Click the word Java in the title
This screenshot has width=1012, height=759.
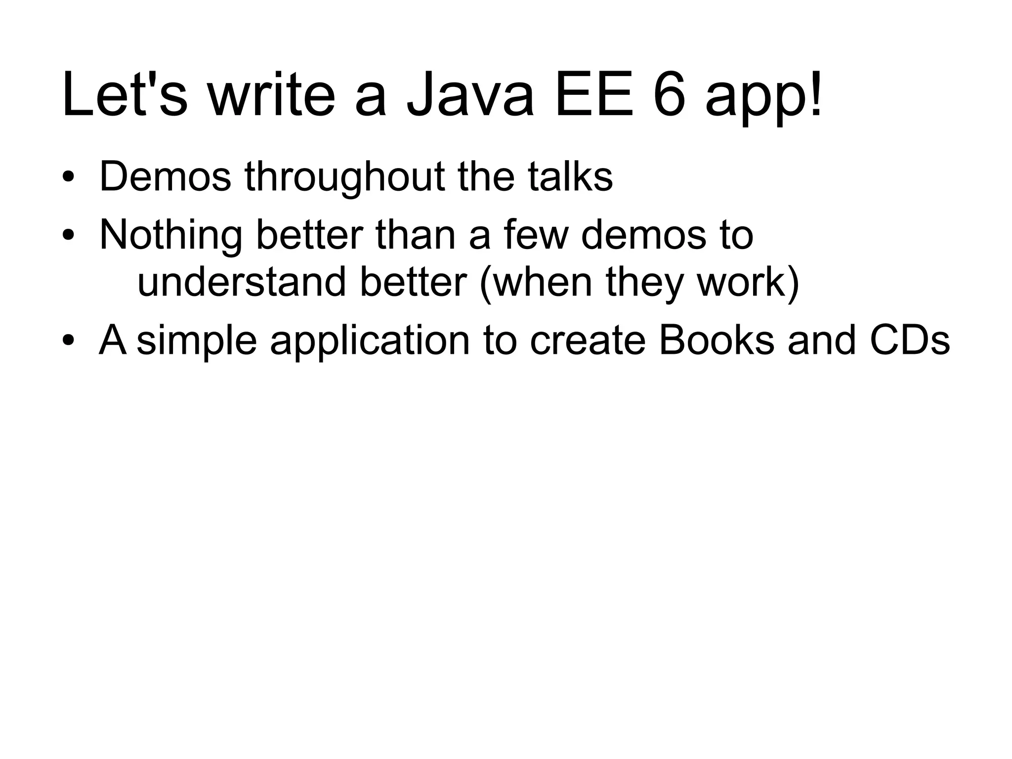pyautogui.click(x=470, y=95)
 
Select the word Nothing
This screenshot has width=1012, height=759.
pyautogui.click(x=170, y=236)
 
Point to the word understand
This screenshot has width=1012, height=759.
pyautogui.click(x=242, y=282)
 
